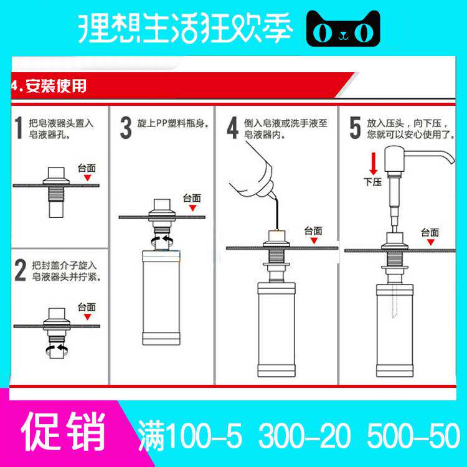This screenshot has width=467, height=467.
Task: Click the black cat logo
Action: tap(343, 28)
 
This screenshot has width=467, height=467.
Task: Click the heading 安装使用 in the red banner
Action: tap(56, 86)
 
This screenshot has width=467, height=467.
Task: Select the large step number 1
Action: tap(19, 128)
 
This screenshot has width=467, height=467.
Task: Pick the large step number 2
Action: tap(21, 270)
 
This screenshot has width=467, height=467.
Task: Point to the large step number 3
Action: tap(126, 128)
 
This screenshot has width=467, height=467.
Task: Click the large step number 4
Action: tap(233, 128)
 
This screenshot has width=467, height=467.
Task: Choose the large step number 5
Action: tap(355, 128)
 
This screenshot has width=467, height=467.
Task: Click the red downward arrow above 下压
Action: tap(374, 164)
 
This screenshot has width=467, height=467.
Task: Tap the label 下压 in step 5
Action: tap(372, 182)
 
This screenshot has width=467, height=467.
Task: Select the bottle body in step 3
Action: tap(161, 298)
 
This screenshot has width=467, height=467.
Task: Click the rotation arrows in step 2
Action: tap(57, 349)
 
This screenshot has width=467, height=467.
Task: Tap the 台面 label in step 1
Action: tap(87, 168)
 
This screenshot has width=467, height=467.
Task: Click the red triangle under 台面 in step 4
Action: tap(314, 240)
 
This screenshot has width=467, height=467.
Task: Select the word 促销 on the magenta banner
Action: tap(63, 432)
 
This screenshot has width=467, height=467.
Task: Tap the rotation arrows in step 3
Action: tap(162, 240)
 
